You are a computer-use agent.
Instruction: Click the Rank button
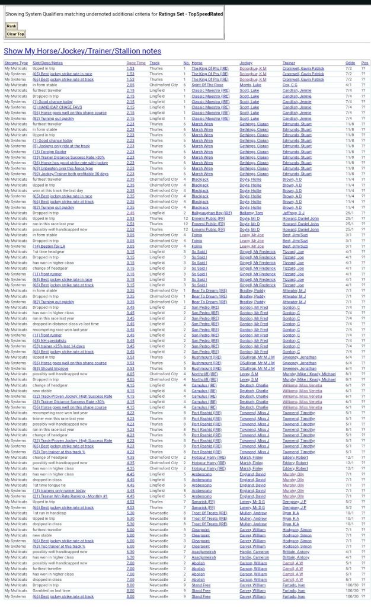11,26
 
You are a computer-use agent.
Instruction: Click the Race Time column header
136,63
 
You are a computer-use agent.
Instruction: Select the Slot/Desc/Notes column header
47,63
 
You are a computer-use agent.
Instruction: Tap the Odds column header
350,63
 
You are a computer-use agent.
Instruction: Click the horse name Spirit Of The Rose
207,85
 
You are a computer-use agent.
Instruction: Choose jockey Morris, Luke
250,85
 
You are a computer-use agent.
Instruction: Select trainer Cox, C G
290,85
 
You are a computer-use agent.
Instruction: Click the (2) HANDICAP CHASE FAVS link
57,107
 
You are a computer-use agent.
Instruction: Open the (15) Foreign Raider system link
50,152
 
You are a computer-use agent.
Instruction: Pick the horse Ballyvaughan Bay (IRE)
212,213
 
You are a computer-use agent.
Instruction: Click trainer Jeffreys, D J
294,213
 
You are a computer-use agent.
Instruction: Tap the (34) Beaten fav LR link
49,246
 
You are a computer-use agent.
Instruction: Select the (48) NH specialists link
49,340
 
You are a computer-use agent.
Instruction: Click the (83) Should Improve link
50,368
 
